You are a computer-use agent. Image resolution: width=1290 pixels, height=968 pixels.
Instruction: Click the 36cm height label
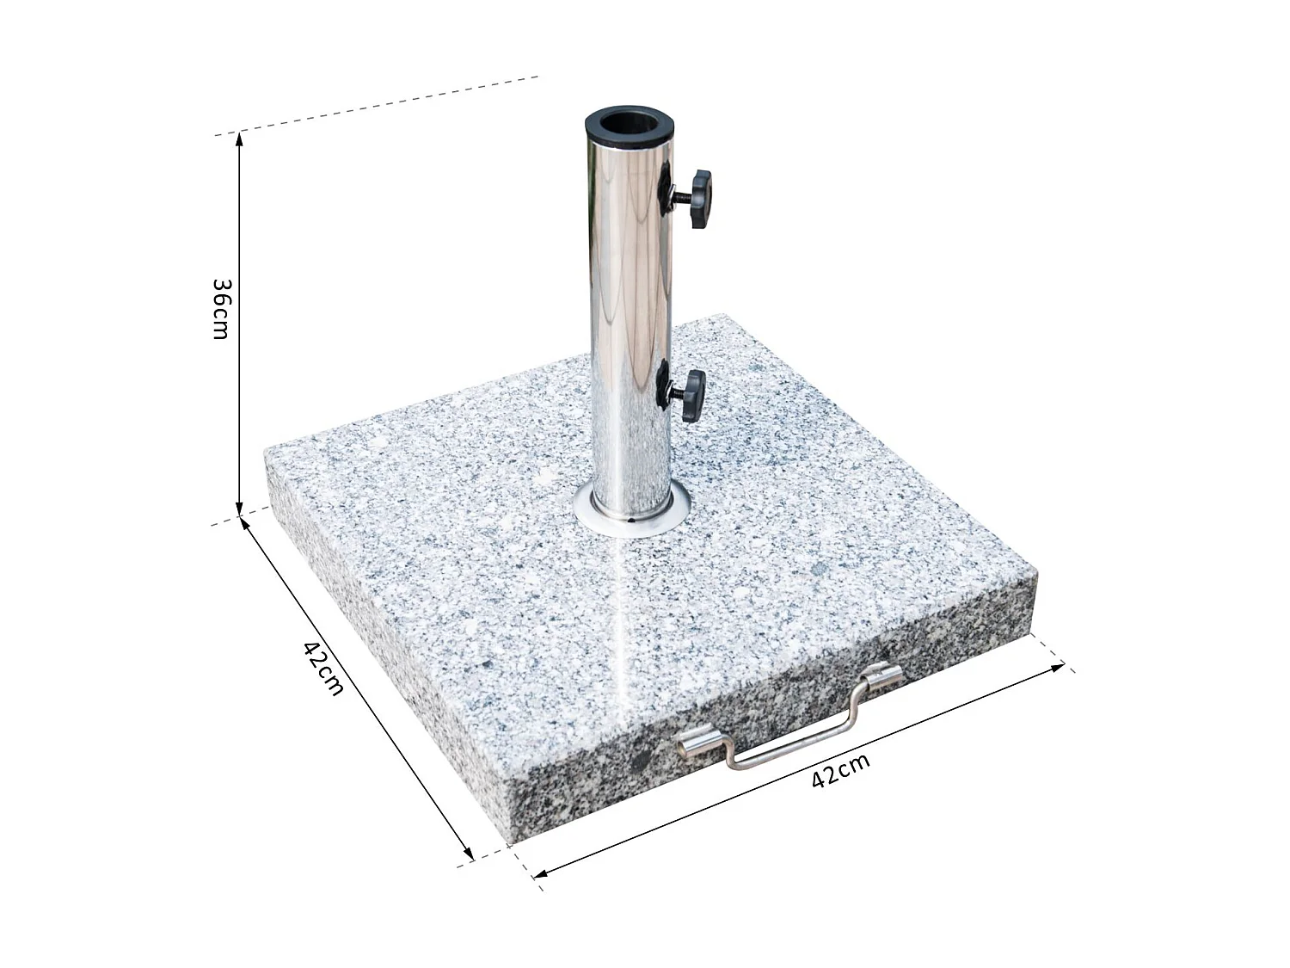click(x=221, y=308)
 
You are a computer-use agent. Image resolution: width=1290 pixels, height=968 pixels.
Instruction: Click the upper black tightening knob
click(x=700, y=199)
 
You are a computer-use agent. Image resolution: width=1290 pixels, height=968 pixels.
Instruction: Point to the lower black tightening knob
click(x=691, y=396)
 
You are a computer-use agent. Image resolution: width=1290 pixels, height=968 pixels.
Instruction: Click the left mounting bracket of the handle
click(x=697, y=743)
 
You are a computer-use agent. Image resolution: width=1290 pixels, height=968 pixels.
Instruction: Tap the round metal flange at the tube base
click(x=631, y=514)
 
